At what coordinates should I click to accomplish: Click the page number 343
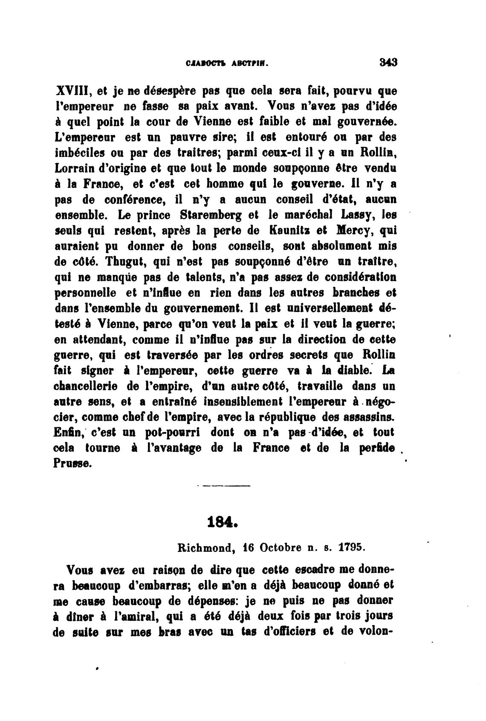[388, 62]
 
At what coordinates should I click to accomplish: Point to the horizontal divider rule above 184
[225, 486]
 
